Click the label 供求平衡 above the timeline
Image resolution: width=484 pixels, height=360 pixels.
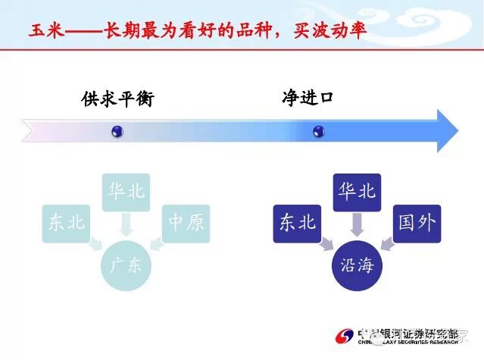pos(117,99)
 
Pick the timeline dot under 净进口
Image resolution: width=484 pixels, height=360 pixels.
pos(318,131)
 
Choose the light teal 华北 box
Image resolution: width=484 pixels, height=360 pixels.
pos(126,191)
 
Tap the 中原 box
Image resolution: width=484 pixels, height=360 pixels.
pos(186,222)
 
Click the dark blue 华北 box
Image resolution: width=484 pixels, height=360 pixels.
pos(358,191)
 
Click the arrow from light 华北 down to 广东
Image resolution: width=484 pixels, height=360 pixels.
pos(126,224)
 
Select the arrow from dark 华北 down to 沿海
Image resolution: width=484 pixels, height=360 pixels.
pos(358,224)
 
